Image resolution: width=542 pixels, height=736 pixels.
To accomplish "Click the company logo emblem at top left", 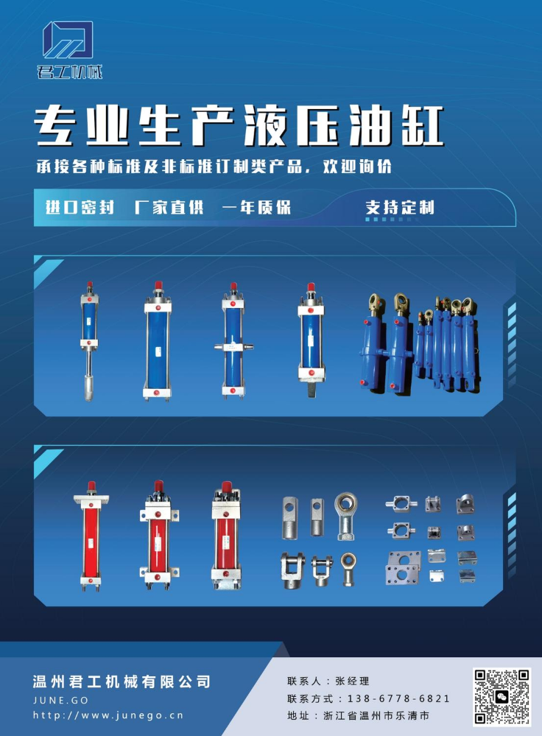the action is click(68, 40).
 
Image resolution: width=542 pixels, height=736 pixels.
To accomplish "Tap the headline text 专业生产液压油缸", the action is click(239, 126).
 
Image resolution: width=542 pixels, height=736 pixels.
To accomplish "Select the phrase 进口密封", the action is click(80, 207).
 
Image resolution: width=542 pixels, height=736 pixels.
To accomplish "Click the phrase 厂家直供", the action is click(169, 207).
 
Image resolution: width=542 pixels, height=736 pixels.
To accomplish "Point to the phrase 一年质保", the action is click(256, 207).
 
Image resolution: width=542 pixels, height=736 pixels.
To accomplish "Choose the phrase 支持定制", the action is click(400, 207).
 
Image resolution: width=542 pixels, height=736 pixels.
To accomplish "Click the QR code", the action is click(501, 696).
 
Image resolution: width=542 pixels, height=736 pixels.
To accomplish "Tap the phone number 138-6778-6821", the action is click(398, 698).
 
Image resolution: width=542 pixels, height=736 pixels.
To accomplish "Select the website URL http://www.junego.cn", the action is click(108, 715).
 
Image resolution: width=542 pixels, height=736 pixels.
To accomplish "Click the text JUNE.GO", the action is click(60, 700).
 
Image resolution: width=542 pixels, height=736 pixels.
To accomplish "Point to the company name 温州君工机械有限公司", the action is click(122, 681).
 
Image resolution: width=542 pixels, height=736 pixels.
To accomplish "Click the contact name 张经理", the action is click(352, 681).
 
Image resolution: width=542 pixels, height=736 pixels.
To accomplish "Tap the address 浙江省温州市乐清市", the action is click(376, 716).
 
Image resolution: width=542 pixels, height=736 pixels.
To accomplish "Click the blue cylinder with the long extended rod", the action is click(89, 341).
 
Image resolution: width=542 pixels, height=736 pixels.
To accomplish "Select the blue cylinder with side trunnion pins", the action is click(233, 341).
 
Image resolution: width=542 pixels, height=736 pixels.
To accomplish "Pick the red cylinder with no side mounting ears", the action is click(91, 536).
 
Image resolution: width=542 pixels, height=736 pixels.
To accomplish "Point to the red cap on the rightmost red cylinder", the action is click(227, 487).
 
